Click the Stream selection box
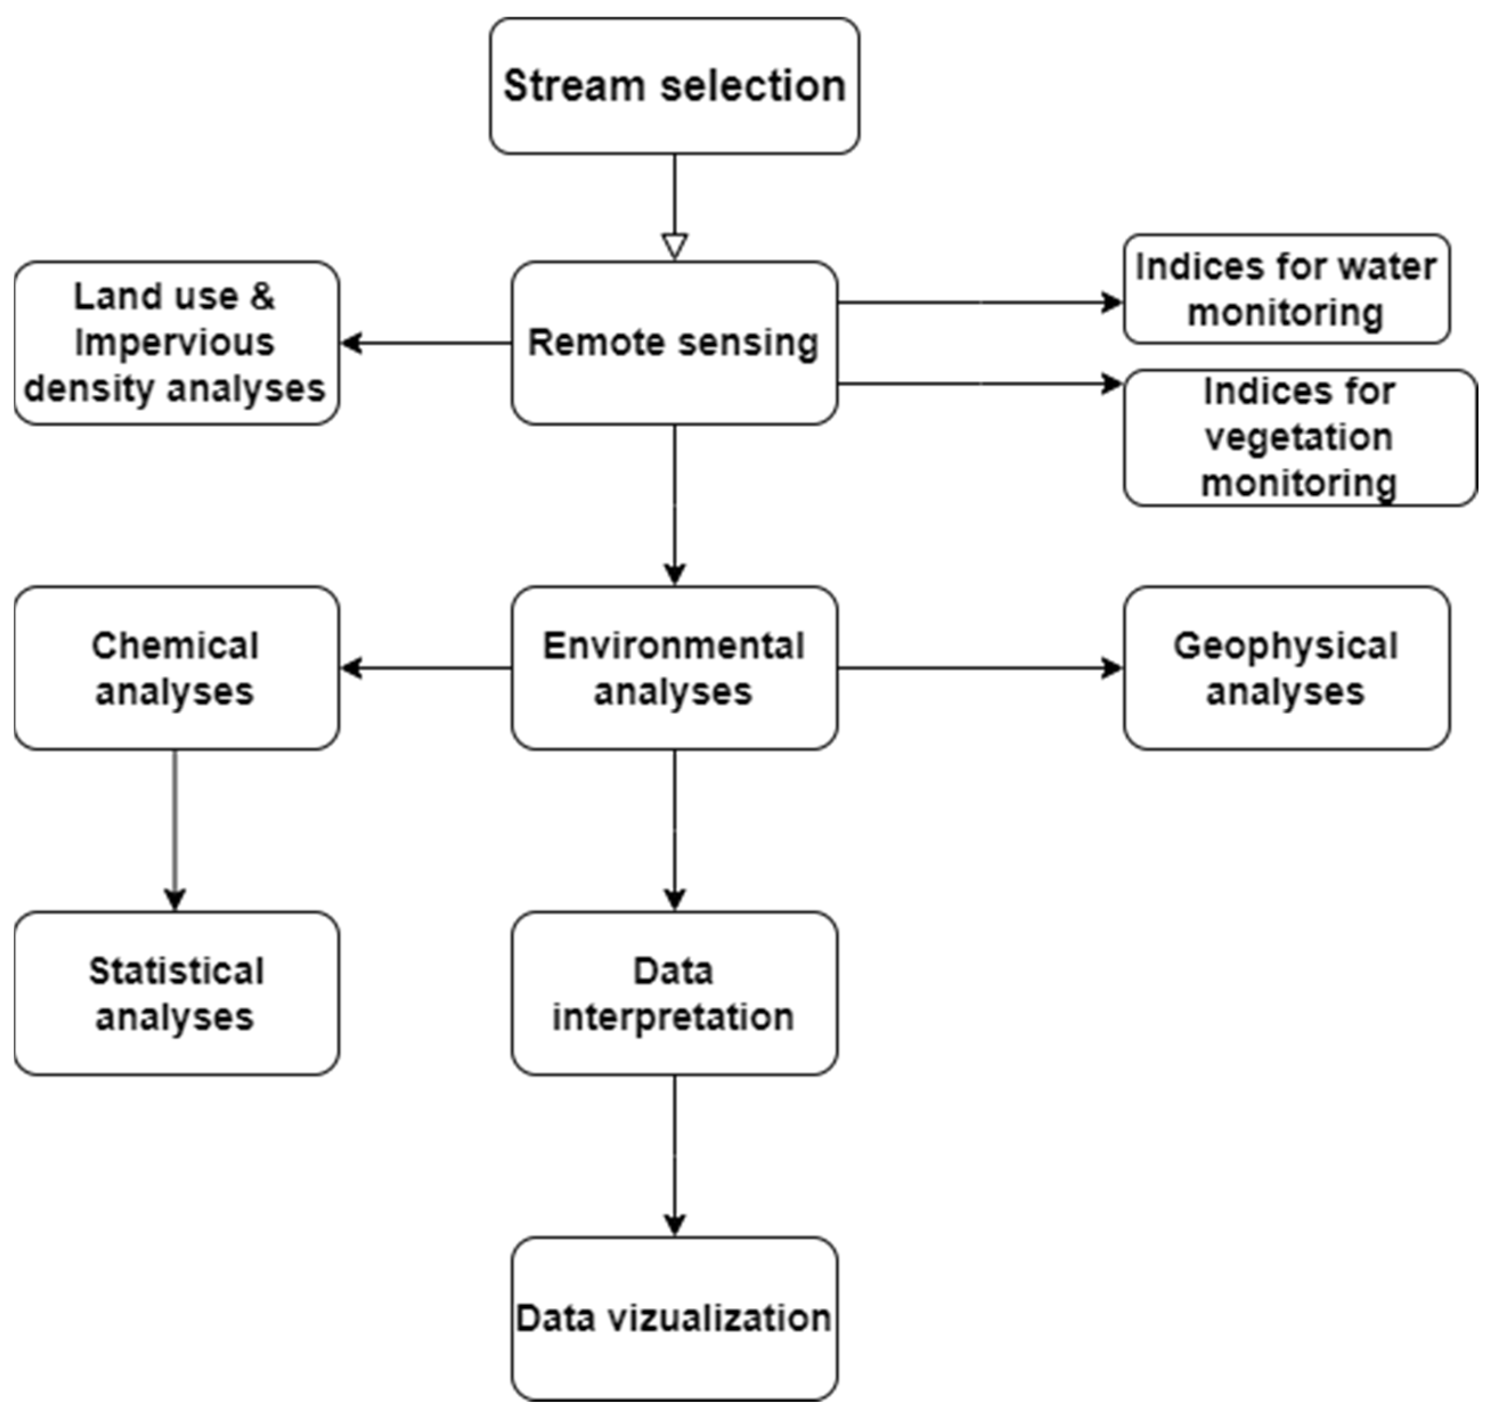pyautogui.click(x=674, y=86)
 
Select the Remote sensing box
pyautogui.click(x=674, y=342)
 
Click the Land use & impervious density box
pyautogui.click(x=176, y=342)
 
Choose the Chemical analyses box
pyautogui.click(x=176, y=668)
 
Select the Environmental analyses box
pyautogui.click(x=674, y=668)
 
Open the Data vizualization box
pyautogui.click(x=674, y=1319)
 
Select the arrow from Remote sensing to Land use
pyautogui.click(x=425, y=343)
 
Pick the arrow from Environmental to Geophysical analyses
pyautogui.click(x=979, y=668)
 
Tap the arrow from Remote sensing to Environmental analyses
pyautogui.click(x=674, y=505)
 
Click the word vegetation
pyautogui.click(x=1298, y=437)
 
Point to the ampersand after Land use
pyautogui.click(x=262, y=296)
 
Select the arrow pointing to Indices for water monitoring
pyautogui.click(x=979, y=303)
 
